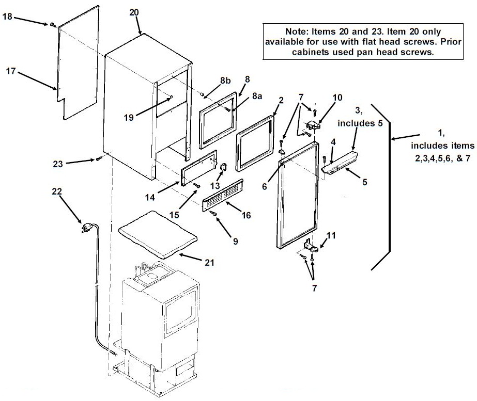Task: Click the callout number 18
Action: [7, 17]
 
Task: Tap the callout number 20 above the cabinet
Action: [134, 12]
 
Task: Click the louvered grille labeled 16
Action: [223, 195]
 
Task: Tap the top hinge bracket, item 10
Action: [313, 125]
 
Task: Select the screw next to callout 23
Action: [99, 158]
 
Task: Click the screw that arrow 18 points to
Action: [53, 25]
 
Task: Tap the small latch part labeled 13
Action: [224, 167]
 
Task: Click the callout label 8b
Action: [225, 81]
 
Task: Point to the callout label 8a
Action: [257, 96]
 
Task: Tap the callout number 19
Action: [129, 117]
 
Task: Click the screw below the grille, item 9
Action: [214, 214]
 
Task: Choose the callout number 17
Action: [11, 71]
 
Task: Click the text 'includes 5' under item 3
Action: [360, 123]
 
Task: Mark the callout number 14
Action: [150, 198]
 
